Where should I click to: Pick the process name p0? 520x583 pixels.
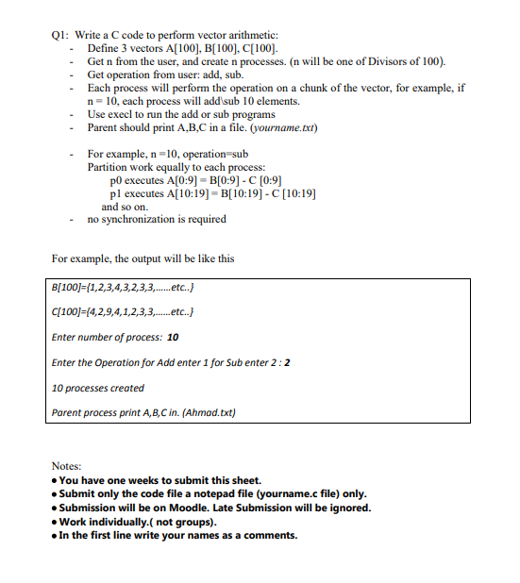[118, 179]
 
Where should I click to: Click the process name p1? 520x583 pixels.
[118, 192]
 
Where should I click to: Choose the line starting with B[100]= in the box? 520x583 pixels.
[123, 288]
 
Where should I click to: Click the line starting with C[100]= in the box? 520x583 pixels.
[123, 312]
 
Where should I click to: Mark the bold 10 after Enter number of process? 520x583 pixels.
[173, 337]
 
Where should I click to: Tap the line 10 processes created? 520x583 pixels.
[98, 388]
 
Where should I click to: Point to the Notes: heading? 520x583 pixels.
[67, 466]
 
